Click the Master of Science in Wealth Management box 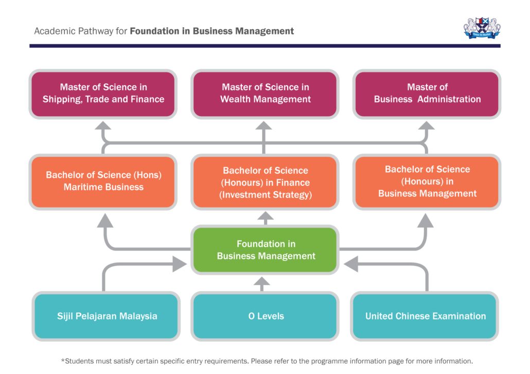(265, 93)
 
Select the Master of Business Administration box (427, 93)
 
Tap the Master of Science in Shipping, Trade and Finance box (103, 93)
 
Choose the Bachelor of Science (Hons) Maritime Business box (103, 181)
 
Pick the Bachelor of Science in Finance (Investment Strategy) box (265, 182)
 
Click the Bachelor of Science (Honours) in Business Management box (427, 181)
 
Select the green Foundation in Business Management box (265, 250)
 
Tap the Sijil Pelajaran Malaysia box (107, 316)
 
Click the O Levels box (265, 316)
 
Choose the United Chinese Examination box (425, 316)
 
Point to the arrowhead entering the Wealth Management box (264, 126)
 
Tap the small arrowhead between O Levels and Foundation (262, 282)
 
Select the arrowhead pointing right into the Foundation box (180, 265)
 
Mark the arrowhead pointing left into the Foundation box (350, 265)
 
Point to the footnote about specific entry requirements (267, 361)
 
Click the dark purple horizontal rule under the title (264, 46)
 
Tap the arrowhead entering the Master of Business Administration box (427, 126)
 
